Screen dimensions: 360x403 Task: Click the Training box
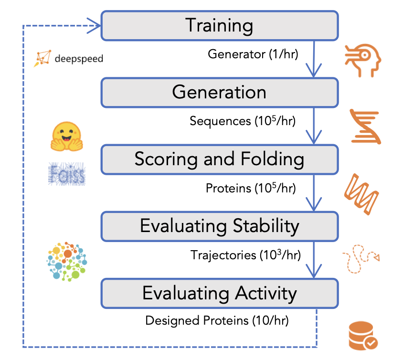pos(219,25)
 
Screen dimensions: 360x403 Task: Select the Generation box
pos(219,92)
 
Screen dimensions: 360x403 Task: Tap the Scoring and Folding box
pos(219,159)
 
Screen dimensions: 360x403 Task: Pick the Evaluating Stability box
pos(219,225)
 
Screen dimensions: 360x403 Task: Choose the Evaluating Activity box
pos(219,292)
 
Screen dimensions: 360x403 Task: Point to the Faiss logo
pos(67,174)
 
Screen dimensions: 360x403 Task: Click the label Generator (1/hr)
pos(253,54)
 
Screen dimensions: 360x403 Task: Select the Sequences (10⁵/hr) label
pos(243,121)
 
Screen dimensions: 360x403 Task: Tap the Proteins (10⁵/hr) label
pos(251,188)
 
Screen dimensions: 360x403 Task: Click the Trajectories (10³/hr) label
pos(245,255)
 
